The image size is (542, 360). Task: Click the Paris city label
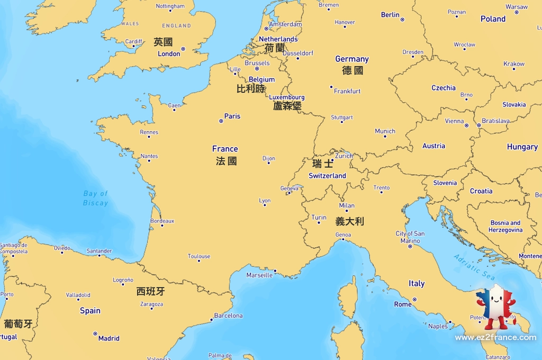point(232,116)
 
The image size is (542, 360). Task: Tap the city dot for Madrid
point(95,334)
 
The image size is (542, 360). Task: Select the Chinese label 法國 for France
point(226,161)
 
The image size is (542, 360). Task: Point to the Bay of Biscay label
point(95,198)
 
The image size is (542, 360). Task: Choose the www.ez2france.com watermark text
point(495,337)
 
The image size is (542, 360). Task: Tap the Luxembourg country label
point(287,97)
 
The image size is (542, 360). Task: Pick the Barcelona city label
point(228,316)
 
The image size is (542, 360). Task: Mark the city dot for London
point(183,49)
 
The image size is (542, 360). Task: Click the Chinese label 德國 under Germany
point(353,70)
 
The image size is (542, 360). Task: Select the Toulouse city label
point(199,256)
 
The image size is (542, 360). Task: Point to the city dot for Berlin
point(402,20)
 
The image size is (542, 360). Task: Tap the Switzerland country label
point(327,176)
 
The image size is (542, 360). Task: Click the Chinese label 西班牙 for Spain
point(150,291)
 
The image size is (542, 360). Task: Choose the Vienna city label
point(454,121)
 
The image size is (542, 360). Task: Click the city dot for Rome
point(414,300)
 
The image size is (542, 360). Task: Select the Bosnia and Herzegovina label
point(505,227)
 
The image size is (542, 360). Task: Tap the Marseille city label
point(259,275)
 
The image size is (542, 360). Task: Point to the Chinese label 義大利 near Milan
point(349,221)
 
